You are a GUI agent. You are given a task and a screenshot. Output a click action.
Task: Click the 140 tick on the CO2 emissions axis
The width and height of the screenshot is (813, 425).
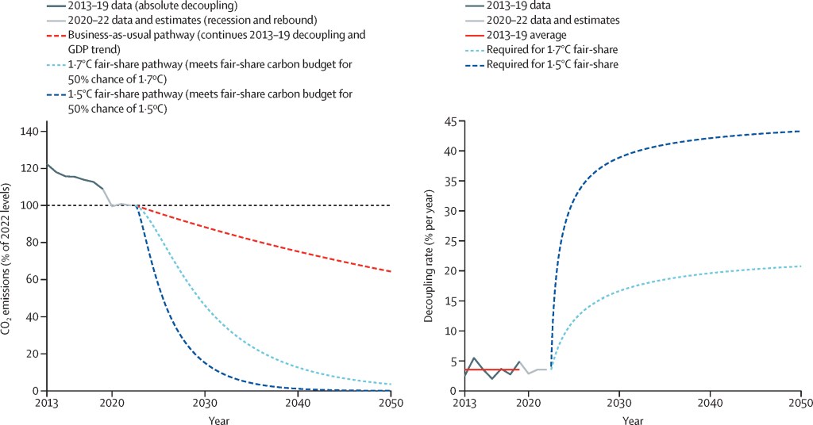tap(32, 132)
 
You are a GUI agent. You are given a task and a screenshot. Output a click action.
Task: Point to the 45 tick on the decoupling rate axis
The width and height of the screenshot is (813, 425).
tap(449, 121)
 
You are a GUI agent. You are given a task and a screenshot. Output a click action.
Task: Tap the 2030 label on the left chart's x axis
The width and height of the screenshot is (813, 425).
tap(205, 401)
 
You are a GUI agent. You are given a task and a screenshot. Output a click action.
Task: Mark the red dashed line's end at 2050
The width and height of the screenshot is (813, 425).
tap(391, 272)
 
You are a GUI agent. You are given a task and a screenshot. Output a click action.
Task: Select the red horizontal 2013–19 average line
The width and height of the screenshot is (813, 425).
tap(492, 369)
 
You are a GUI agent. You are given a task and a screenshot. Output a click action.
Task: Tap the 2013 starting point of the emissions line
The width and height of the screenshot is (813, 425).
tap(48, 164)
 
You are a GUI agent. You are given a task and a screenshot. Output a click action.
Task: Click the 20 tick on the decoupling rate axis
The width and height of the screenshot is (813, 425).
tap(449, 270)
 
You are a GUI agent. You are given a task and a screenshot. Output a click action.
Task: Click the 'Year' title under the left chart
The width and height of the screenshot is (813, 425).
tap(218, 417)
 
